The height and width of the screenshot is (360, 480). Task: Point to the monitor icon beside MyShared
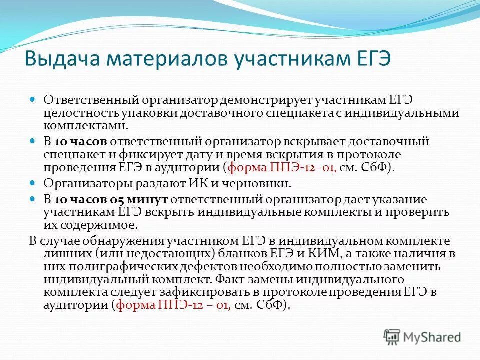tap(392, 336)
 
